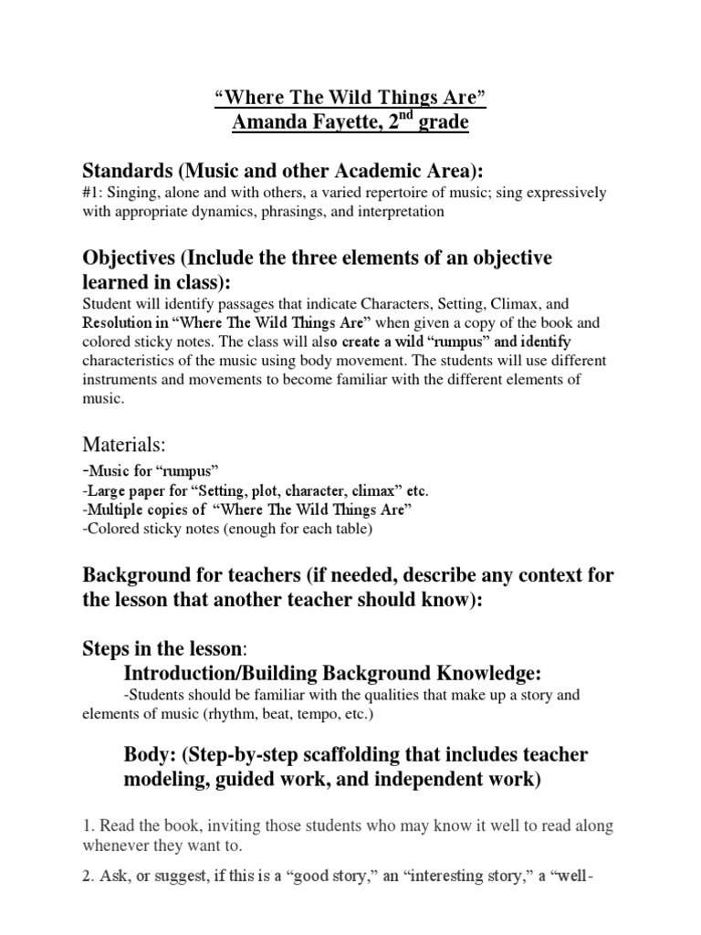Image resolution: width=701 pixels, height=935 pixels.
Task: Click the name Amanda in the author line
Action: (266, 121)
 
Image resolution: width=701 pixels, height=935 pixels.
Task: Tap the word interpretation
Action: (398, 212)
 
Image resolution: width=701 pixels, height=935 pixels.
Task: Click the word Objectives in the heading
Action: (127, 258)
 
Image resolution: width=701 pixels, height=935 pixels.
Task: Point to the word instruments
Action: (118, 378)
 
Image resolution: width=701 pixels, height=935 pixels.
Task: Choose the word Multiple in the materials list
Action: (115, 510)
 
